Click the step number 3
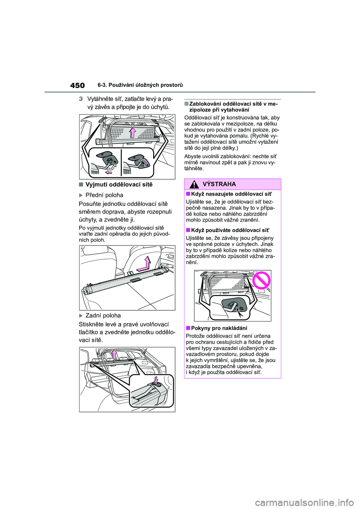[81, 99]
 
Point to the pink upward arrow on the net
[132, 132]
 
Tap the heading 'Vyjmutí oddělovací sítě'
[119, 184]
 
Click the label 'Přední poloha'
[104, 195]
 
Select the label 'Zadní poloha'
[103, 315]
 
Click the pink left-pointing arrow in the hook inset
[109, 172]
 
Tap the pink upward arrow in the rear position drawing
[114, 354]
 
